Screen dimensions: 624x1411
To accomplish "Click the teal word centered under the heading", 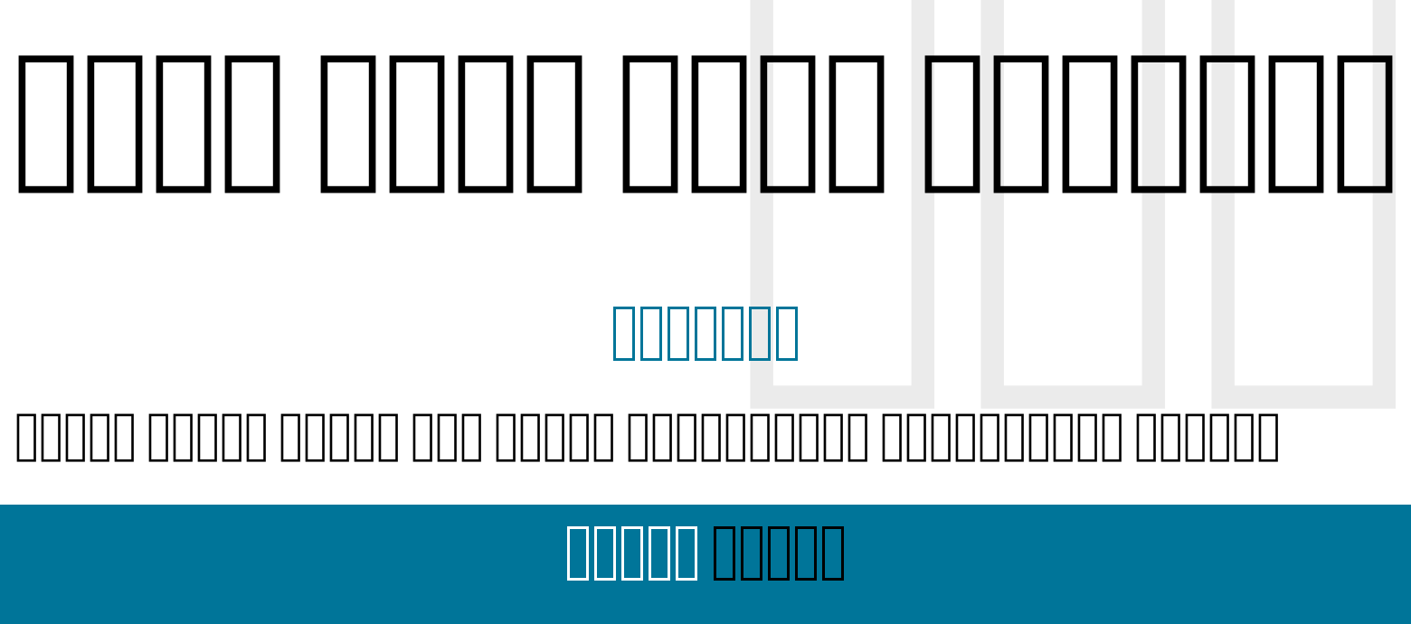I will click(705, 333).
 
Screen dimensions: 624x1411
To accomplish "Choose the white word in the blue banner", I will click(631, 552).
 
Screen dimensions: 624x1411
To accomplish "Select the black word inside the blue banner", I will click(779, 552).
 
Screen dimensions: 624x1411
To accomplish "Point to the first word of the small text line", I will click(75, 436).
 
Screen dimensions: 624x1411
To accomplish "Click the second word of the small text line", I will click(207, 436).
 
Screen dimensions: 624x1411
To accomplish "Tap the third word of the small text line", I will click(339, 436).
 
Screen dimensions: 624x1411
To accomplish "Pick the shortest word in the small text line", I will click(448, 436).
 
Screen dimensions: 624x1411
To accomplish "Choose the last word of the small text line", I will click(1207, 436).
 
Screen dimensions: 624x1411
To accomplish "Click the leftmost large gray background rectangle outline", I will click(762, 271).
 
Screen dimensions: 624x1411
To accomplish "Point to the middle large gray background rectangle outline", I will click(992, 271).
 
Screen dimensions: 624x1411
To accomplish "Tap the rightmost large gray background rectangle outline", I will click(1223, 271).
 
